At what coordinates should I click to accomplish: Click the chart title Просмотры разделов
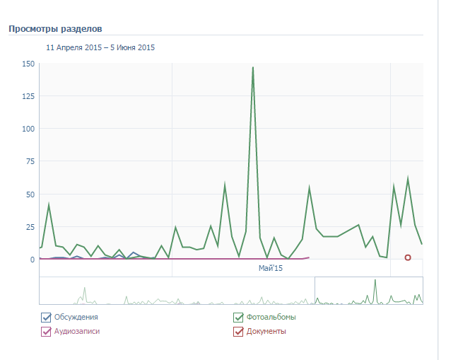tap(55, 29)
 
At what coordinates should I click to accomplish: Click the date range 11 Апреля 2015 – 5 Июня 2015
tap(100, 48)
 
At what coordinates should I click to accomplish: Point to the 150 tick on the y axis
tap(28, 64)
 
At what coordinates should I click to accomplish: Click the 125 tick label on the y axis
tap(28, 96)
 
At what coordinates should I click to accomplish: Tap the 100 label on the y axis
tap(28, 129)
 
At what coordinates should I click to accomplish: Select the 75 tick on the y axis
tap(30, 162)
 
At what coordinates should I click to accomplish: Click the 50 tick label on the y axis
tap(30, 194)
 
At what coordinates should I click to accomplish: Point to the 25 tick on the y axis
tap(30, 227)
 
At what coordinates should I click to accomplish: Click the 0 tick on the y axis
tap(32, 260)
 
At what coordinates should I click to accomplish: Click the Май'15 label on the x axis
tap(270, 269)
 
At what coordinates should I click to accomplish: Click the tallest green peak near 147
tap(252, 68)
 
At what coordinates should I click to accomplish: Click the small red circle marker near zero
tap(408, 257)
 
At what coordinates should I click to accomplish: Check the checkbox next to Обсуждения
tap(47, 317)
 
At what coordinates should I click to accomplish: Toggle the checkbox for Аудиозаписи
tap(47, 331)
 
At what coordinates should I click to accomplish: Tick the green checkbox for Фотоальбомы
tap(238, 317)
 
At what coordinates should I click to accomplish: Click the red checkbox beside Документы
tap(238, 331)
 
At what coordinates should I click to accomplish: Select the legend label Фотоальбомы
tap(271, 317)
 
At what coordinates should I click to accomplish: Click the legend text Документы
tap(266, 331)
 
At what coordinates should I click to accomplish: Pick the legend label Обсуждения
tap(76, 317)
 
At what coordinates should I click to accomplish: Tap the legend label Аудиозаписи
tap(77, 331)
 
